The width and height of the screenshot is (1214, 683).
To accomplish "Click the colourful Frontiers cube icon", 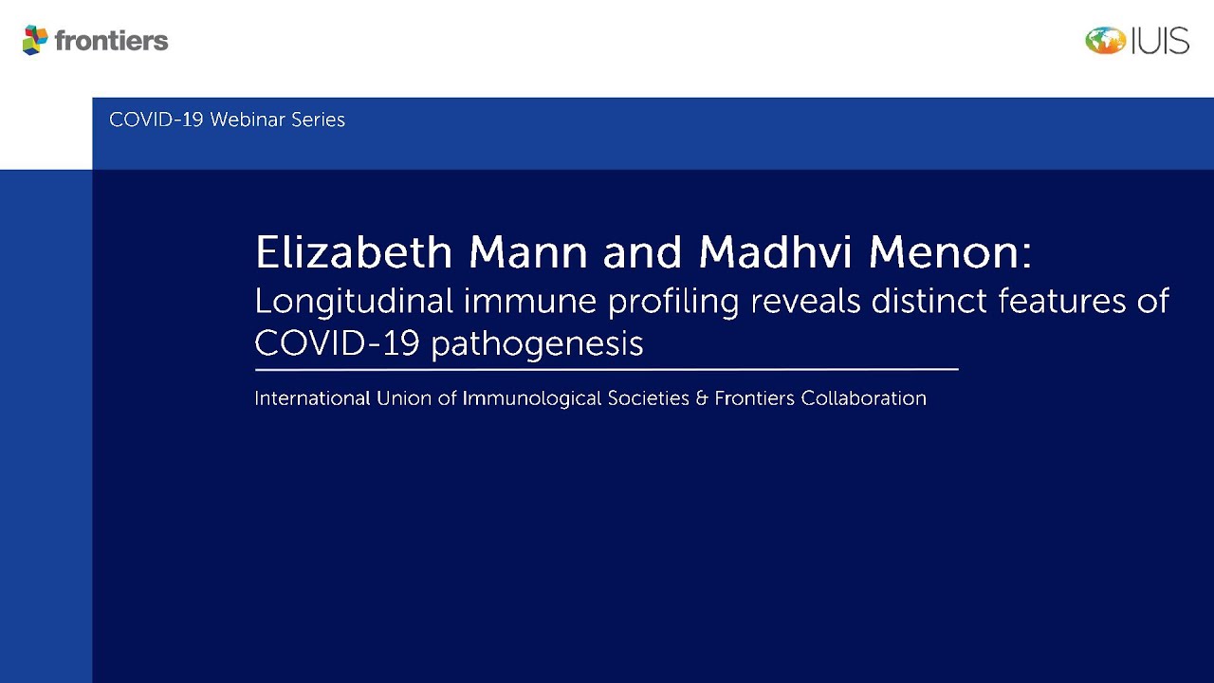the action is pos(35,40).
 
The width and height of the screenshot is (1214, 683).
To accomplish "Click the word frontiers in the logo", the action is pos(112,41).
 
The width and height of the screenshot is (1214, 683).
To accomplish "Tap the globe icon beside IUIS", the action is pos(1105,41).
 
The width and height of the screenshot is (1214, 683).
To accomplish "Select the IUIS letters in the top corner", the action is pos(1160,41).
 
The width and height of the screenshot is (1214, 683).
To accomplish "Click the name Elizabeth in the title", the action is pos(354,252).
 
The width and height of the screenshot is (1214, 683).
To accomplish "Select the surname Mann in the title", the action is pos(528,252).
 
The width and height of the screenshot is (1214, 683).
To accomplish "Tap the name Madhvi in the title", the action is pos(775,252).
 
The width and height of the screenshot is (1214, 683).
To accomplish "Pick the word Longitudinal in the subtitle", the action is pos(354,302).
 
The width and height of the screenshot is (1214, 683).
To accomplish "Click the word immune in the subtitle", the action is pos(530,302).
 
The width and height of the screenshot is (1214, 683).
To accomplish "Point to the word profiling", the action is pos(673,303).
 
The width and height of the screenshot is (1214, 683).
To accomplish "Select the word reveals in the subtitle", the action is pos(805,302).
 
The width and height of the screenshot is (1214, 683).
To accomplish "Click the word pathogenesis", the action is pos(537,344).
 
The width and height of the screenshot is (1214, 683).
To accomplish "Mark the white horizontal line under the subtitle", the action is pos(607,370).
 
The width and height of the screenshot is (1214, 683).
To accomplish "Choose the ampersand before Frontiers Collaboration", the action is pos(702,398).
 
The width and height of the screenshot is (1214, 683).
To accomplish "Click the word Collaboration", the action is pos(863,398).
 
